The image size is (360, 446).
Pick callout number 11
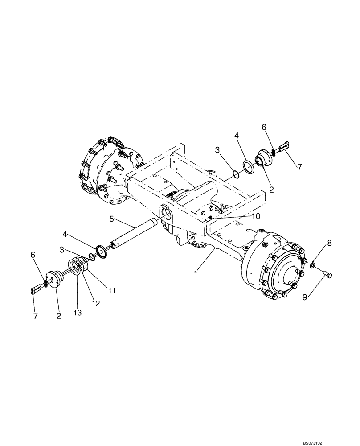tap(112, 290)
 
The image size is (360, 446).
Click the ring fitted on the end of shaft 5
tap(102, 251)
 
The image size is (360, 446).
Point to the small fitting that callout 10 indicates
tap(209, 217)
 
